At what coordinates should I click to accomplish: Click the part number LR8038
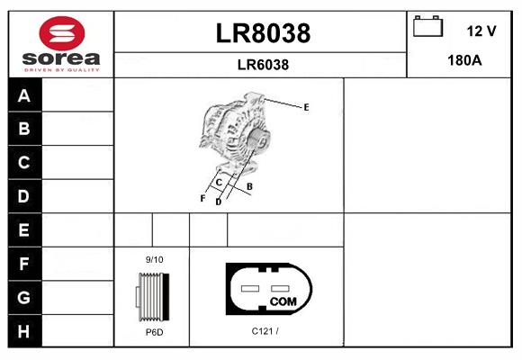[x=263, y=33]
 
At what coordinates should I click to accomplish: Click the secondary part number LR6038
[x=263, y=65]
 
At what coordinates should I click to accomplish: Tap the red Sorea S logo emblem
[x=62, y=33]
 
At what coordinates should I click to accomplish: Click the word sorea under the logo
[x=61, y=58]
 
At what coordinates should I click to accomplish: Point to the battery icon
[x=427, y=26]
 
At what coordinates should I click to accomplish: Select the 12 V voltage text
[x=481, y=31]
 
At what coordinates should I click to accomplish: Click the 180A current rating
[x=464, y=60]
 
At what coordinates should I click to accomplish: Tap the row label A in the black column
[x=24, y=96]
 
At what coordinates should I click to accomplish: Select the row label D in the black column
[x=23, y=196]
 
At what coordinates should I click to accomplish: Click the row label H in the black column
[x=23, y=331]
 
